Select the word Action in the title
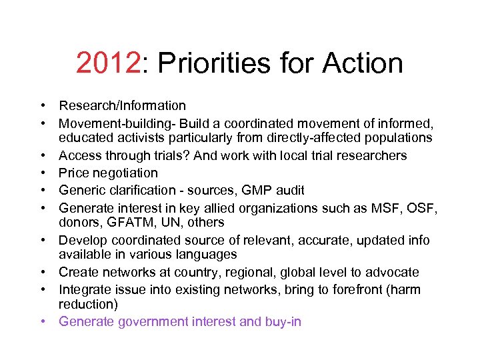pos(363,63)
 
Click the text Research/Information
pos(122,105)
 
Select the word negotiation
pos(126,172)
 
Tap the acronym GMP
pos(259,189)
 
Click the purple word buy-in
pos(283,322)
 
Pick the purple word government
pos(154,322)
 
